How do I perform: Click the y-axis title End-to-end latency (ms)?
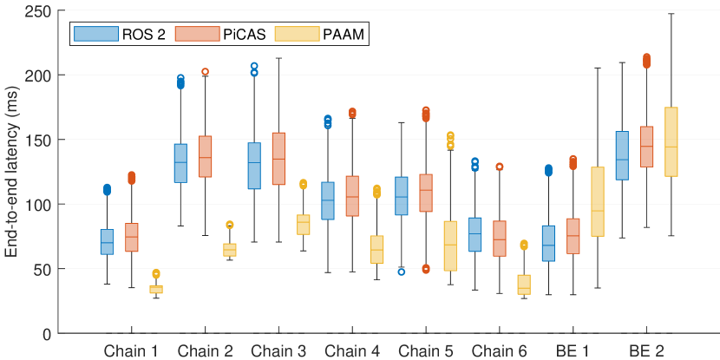[11, 172]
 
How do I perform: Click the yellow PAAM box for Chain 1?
[156, 289]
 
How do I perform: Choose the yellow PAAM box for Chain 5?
[450, 245]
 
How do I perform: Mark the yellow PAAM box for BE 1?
[597, 201]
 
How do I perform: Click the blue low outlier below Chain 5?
[402, 272]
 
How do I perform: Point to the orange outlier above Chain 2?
[206, 72]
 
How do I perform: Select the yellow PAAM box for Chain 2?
[230, 250]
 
